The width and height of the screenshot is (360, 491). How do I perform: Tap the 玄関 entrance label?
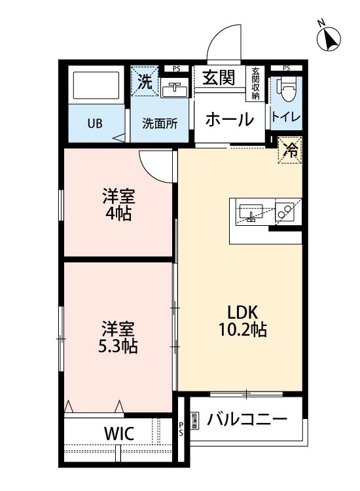[x=218, y=78]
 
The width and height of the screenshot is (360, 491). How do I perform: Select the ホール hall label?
[x=229, y=120]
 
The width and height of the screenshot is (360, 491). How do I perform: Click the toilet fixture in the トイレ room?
[x=286, y=90]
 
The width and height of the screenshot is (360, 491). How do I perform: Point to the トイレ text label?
[x=286, y=118]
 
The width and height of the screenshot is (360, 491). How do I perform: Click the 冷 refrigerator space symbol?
[x=290, y=150]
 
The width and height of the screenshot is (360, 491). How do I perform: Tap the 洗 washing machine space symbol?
[x=146, y=82]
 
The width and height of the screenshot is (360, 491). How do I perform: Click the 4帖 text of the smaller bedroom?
[x=118, y=213]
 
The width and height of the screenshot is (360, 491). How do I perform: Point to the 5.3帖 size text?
[x=118, y=345]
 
